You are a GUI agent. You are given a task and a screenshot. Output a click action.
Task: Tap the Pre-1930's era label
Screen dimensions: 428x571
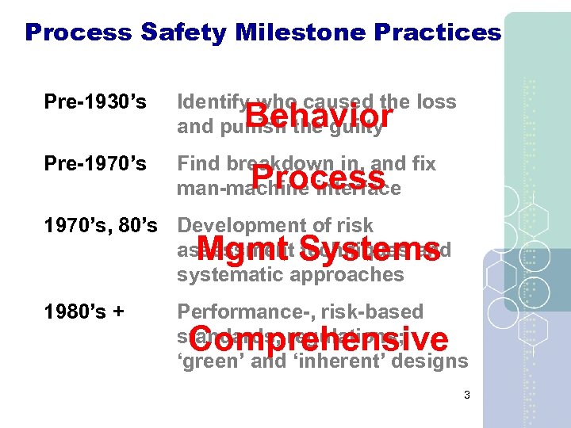[x=96, y=102]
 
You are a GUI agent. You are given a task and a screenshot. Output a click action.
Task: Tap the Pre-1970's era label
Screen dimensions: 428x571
[x=96, y=164]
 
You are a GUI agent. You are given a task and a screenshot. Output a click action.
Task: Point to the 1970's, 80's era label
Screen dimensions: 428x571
[x=96, y=226]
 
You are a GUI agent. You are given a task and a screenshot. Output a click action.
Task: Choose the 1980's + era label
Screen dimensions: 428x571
[x=86, y=311]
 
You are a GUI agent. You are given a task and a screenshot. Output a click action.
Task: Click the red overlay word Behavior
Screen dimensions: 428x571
[x=318, y=117]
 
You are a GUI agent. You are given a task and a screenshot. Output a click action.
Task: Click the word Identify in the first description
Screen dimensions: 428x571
[x=204, y=102]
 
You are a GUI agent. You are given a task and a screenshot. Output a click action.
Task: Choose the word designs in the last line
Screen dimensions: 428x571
[x=434, y=361]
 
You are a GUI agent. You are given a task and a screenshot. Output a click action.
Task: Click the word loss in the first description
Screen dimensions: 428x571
[x=438, y=102]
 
